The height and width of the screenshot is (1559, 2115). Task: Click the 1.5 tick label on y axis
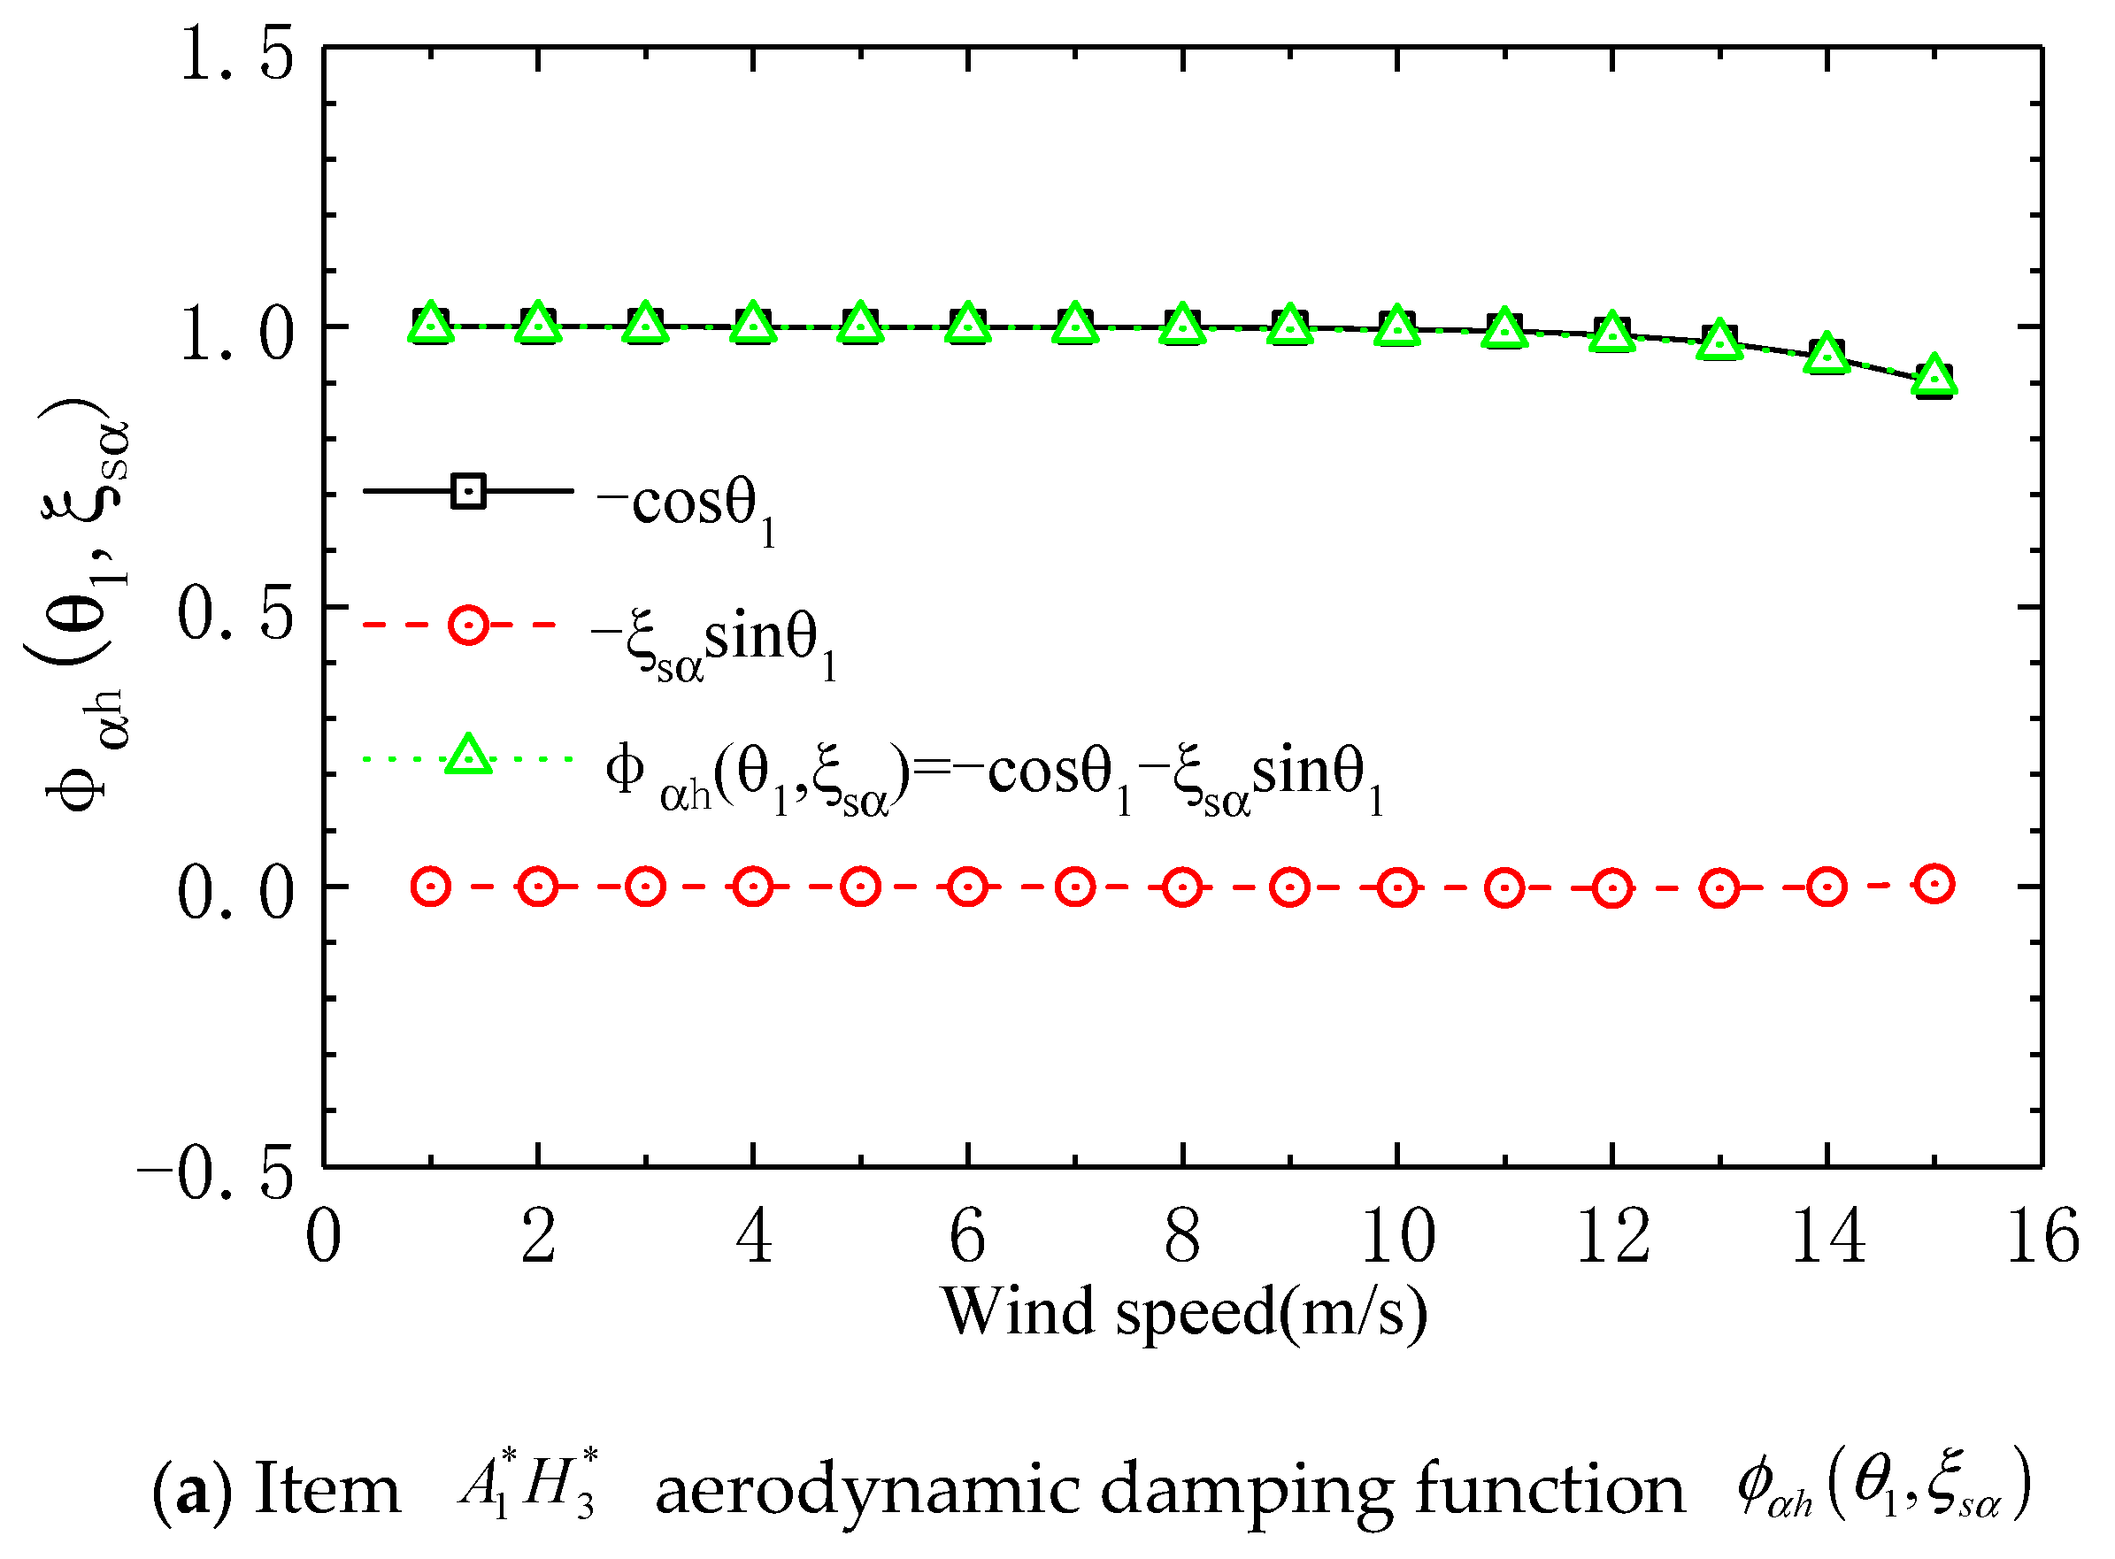[x=236, y=53]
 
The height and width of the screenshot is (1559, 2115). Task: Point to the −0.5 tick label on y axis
[x=217, y=1173]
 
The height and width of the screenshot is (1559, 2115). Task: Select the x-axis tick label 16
[x=2042, y=1236]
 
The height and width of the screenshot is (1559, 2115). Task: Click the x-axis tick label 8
[x=1181, y=1236]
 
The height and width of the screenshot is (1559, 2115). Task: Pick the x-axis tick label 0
[x=324, y=1236]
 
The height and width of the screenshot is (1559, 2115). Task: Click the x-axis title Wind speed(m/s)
[x=1183, y=1312]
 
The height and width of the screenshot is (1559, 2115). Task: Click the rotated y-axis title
[x=81, y=604]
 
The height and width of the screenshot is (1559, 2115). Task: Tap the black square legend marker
[x=468, y=491]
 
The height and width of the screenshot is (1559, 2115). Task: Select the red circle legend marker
[x=468, y=625]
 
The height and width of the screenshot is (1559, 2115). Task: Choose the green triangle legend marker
[x=468, y=755]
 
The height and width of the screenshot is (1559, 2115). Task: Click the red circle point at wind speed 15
[x=1934, y=884]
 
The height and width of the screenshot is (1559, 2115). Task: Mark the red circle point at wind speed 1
[x=431, y=887]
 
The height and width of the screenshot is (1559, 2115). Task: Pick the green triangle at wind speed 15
[x=1934, y=374]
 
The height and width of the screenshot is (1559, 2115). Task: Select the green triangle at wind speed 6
[x=967, y=324]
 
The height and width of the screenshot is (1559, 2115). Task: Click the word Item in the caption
[x=327, y=1490]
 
